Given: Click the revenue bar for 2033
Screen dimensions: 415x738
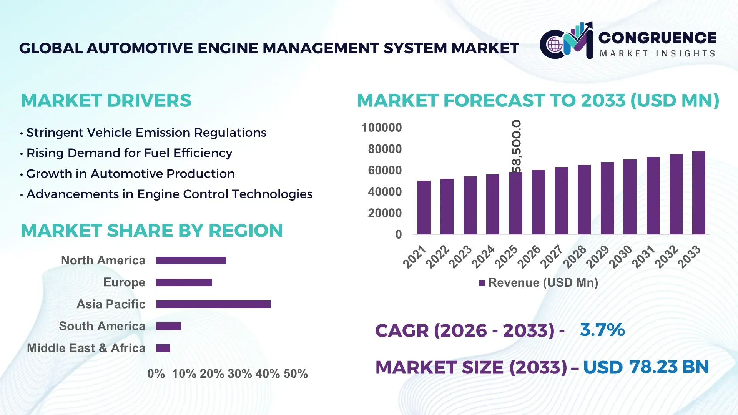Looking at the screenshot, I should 698,193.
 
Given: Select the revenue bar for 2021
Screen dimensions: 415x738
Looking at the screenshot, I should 424,207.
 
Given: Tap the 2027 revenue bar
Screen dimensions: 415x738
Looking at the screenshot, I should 561,201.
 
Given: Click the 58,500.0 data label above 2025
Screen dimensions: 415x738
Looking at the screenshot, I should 517,146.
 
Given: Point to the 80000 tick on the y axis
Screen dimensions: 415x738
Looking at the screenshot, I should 385,149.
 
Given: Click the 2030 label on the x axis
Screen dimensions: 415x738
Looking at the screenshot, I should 621,257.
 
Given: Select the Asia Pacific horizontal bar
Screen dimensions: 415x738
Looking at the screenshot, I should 213,304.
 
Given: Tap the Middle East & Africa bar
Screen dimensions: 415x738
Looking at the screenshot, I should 163,348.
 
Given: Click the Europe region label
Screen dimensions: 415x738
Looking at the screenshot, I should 124,282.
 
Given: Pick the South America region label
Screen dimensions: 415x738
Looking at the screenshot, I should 102,326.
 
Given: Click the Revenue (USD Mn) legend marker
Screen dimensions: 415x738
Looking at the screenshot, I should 482,283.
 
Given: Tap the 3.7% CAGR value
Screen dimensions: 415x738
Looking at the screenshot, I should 602,330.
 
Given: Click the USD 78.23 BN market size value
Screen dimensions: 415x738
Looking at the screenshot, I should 646,367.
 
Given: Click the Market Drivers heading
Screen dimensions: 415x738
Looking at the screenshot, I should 106,101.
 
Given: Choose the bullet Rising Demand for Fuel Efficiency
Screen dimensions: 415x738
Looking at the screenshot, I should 129,153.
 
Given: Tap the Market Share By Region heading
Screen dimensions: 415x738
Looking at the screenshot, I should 152,231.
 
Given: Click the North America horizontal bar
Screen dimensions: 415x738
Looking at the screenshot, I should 191,261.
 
